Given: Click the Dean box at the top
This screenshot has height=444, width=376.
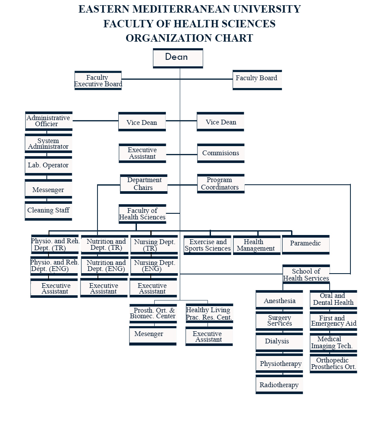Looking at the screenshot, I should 178,58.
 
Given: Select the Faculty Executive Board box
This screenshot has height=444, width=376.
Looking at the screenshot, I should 98,81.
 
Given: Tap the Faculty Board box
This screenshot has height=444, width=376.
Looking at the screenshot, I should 257,79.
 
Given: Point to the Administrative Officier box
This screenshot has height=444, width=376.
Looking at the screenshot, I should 49,121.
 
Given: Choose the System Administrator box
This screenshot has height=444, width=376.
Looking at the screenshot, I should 48,144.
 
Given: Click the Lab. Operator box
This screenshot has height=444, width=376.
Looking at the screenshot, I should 48,166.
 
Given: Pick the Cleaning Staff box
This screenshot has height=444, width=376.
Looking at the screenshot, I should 48,211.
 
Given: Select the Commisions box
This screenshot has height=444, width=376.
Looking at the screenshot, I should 220,153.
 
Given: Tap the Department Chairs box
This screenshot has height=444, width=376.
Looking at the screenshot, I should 143,184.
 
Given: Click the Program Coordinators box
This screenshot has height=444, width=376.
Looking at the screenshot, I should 220,184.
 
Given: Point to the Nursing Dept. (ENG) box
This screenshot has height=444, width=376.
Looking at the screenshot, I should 154,266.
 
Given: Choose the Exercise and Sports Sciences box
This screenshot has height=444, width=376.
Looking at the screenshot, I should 207,245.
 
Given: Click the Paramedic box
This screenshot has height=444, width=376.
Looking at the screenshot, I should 305,244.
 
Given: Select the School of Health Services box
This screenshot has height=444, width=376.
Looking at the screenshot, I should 306,275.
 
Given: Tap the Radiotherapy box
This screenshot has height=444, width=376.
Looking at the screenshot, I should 279,385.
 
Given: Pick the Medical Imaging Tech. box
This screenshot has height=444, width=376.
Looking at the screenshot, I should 333,343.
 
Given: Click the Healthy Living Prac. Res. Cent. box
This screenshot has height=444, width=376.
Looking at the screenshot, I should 209,313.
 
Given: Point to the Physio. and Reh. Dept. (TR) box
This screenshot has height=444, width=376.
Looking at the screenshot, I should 55,245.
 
